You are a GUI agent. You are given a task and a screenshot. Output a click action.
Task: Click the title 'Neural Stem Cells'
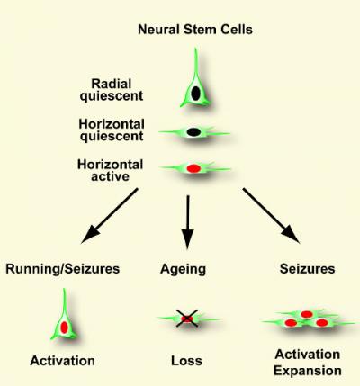(195, 30)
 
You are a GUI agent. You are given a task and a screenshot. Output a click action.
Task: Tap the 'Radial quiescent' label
(112, 90)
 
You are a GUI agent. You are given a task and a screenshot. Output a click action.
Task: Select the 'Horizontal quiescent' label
(112, 130)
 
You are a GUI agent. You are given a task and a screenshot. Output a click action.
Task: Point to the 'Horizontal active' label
(110, 170)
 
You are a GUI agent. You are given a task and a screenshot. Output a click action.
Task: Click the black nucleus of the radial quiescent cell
(195, 93)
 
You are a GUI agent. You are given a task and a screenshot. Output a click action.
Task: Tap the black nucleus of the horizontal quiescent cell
(193, 132)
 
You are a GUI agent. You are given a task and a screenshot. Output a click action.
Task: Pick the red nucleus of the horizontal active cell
(193, 168)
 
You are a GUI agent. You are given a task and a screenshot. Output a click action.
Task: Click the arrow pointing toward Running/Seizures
(110, 216)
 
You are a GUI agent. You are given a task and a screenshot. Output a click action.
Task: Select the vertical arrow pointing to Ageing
(188, 222)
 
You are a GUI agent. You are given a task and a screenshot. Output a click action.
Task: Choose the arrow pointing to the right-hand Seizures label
(271, 216)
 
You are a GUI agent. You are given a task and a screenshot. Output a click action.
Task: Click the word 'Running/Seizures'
(62, 269)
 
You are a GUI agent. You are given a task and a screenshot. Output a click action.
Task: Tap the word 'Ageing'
(183, 269)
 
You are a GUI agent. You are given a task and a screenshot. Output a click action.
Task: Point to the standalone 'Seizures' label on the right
(307, 269)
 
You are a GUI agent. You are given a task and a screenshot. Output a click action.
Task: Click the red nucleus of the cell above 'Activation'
(64, 328)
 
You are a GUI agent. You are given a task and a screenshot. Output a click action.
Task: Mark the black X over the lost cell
(187, 319)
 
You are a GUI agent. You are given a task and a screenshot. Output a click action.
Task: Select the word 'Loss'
(186, 361)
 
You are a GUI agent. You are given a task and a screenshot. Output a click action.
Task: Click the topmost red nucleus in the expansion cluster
(307, 314)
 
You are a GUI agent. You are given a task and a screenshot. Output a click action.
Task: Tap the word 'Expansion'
(308, 371)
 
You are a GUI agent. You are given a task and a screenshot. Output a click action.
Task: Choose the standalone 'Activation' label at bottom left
(62, 361)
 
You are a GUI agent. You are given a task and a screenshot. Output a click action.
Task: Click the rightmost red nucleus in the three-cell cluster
(322, 323)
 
